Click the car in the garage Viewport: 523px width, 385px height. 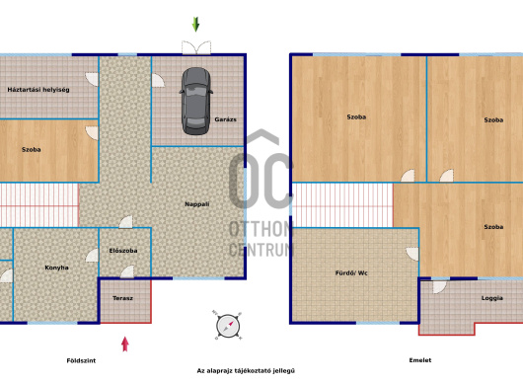point(196,101)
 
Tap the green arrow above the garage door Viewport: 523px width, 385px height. point(195,25)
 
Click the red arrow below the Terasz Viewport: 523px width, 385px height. point(125,344)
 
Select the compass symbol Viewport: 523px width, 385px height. point(228,326)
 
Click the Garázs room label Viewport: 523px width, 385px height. point(225,119)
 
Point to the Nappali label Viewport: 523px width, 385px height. point(197,203)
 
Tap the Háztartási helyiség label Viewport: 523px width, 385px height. point(38,90)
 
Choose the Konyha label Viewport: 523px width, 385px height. point(56,268)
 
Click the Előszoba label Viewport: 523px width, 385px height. point(123,250)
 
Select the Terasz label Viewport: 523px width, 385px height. point(122,298)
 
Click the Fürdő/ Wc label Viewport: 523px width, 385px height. point(351,272)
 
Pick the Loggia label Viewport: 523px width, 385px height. point(492,298)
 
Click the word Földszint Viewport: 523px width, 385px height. point(81,360)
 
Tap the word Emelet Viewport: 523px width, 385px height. point(420,360)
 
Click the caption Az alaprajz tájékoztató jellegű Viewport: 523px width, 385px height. point(246,370)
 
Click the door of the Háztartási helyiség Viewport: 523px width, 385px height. point(92,79)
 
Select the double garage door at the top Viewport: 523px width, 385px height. point(196,47)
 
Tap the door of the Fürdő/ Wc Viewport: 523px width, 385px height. point(412,254)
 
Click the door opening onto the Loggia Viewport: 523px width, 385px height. point(439,287)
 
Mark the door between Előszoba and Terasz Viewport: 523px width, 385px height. point(127,271)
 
